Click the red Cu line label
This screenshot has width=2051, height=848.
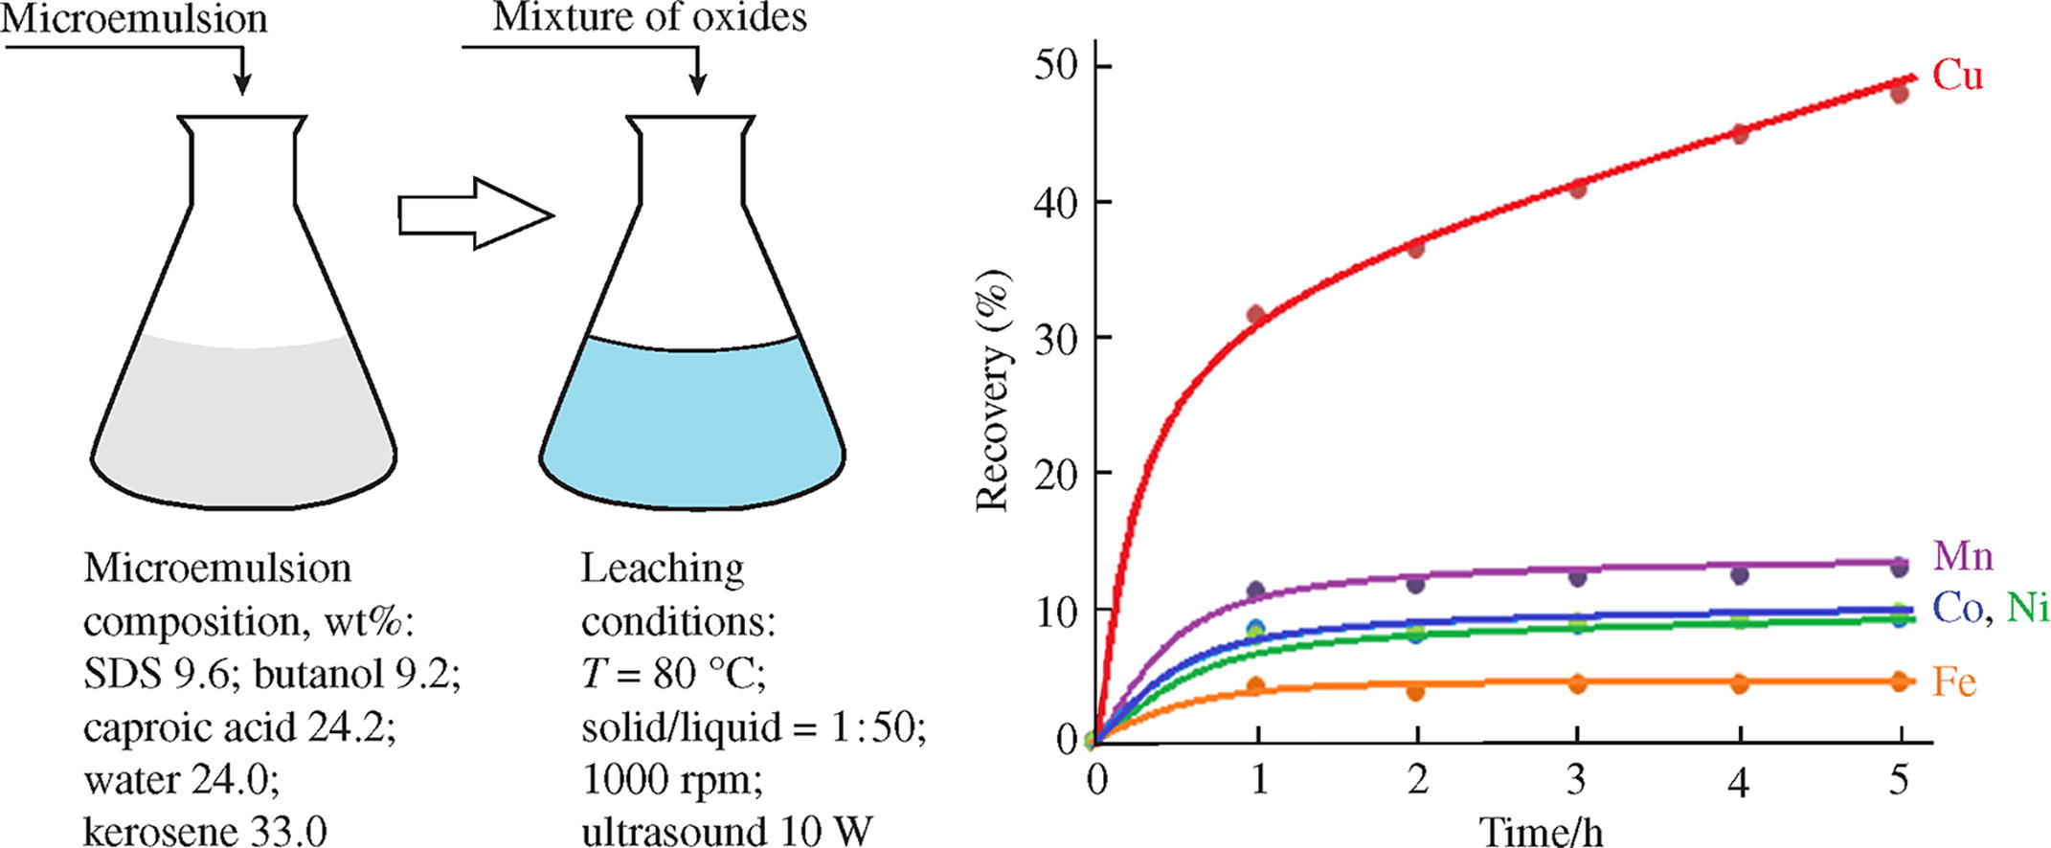[x=1956, y=76]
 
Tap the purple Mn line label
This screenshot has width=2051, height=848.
[x=1962, y=556]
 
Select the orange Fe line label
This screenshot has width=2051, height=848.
[x=1953, y=682]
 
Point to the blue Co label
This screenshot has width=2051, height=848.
[x=1957, y=609]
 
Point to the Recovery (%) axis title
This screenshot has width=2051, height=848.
[x=994, y=392]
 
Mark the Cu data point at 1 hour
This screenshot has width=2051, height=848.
[x=1257, y=316]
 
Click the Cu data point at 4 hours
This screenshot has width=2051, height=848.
[x=1740, y=134]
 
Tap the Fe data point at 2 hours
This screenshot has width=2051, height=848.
[x=1416, y=690]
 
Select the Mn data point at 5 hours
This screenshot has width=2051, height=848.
[x=1900, y=568]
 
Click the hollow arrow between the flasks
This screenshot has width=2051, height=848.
[x=475, y=214]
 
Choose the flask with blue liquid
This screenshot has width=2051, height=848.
[x=692, y=316]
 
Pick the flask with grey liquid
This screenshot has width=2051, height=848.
[x=243, y=316]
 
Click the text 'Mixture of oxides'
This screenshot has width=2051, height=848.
[x=649, y=18]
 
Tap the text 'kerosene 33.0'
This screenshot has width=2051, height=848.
[x=205, y=830]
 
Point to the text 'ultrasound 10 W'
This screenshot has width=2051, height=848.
[x=728, y=830]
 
